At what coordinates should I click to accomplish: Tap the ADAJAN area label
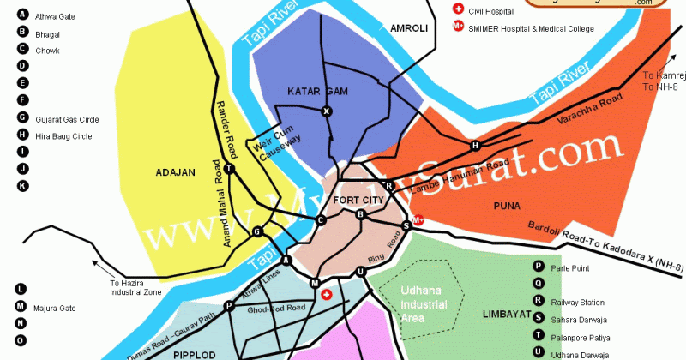coord(177,172)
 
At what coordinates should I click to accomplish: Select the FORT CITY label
coord(354,200)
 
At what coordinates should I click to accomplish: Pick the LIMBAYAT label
coord(505,313)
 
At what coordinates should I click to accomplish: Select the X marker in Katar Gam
coord(326,111)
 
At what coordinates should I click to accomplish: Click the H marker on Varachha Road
coord(475,146)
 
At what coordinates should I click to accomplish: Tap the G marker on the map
coord(256,231)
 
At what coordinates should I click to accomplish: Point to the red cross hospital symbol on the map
coord(326,295)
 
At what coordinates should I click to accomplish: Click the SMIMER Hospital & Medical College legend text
coord(531,27)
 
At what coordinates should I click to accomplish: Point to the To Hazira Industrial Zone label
coord(135,288)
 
